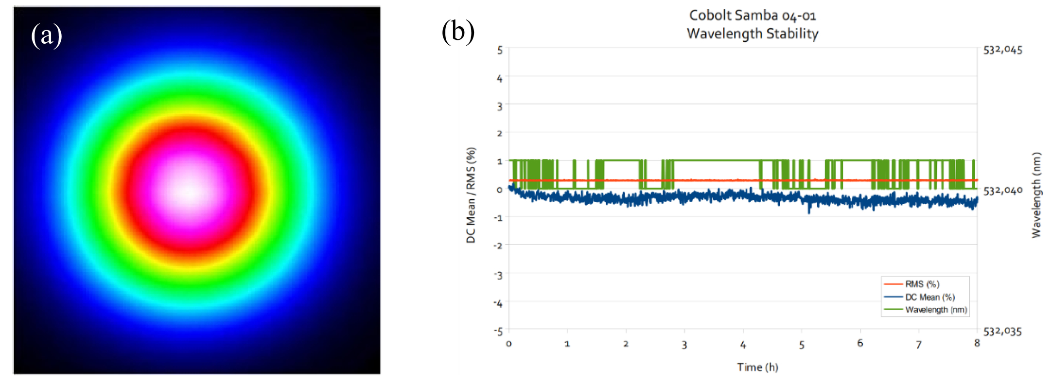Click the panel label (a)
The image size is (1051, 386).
coord(47,36)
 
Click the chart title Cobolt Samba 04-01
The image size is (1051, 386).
coord(753,16)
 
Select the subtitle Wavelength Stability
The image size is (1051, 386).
coord(753,34)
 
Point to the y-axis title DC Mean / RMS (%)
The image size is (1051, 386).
coord(471,195)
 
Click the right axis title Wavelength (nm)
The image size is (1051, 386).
coord(1036,195)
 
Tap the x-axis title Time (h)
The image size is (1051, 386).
coord(757,367)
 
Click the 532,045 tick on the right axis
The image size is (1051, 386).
coord(1002,50)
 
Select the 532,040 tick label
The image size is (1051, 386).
coord(1003,191)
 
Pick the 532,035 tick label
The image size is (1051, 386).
coord(1002,332)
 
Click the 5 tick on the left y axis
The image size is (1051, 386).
coord(500,50)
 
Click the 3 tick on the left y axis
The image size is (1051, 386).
coord(500,106)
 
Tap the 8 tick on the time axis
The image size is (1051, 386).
coord(977,343)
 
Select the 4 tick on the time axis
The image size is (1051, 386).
coord(743,345)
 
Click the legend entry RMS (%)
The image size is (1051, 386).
coord(922,284)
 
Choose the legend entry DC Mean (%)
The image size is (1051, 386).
coord(929,297)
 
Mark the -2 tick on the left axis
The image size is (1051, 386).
coord(498,246)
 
